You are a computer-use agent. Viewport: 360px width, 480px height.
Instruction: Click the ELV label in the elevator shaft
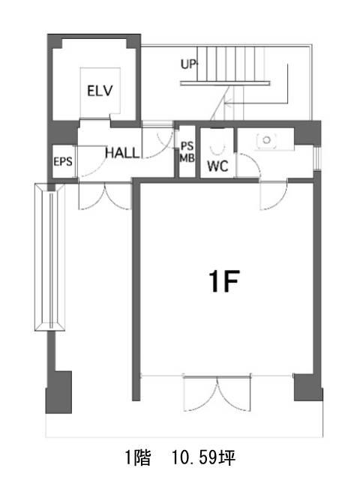100,91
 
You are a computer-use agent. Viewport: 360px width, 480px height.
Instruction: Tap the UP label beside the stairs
188,64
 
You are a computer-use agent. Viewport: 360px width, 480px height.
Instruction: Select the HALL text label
122,153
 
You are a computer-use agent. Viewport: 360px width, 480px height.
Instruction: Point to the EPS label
63,161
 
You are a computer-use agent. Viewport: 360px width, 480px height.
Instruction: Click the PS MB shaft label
187,151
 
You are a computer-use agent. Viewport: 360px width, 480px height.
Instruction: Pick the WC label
217,166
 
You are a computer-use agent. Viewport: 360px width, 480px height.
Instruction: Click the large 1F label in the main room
223,281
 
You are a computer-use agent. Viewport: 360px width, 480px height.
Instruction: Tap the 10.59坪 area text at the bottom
203,458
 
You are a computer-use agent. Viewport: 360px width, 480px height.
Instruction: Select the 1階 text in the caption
138,458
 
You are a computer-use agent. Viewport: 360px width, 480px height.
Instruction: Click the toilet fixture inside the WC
217,147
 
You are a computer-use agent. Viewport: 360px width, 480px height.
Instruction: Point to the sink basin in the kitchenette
267,140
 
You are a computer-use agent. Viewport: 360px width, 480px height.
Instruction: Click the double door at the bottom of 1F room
217,393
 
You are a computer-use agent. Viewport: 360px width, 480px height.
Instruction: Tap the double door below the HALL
105,196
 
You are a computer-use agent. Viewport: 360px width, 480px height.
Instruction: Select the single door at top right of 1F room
273,195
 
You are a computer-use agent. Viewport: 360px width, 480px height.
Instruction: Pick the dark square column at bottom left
59,392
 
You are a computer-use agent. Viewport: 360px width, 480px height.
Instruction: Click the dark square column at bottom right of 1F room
308,387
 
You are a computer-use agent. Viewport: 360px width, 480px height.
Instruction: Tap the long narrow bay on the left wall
49,256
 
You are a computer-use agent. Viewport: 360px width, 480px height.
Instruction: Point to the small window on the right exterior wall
318,158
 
